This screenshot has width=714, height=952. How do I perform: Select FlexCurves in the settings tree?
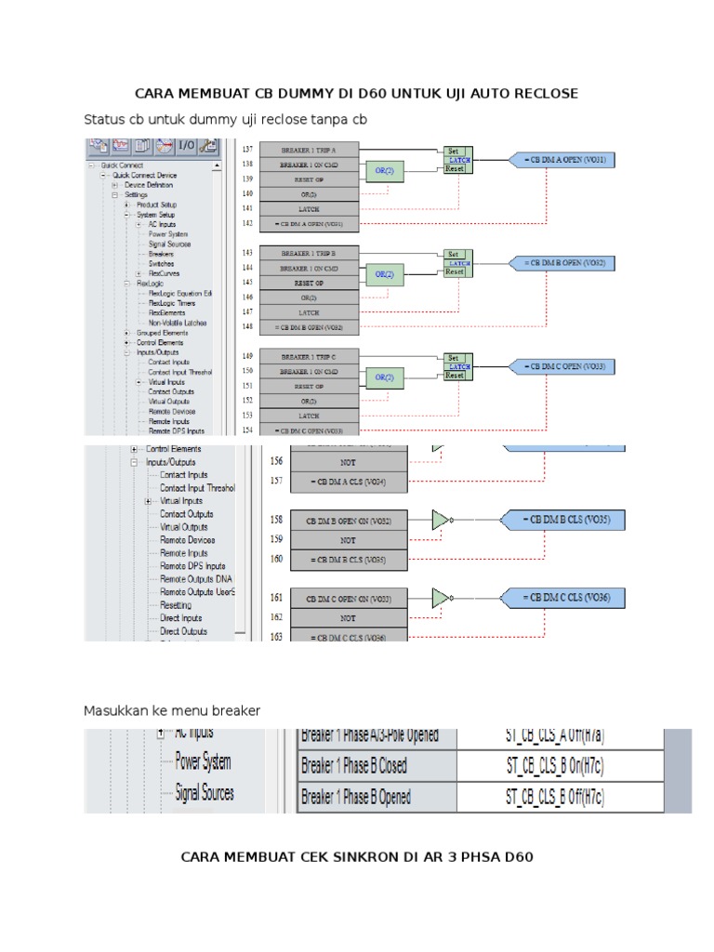point(164,273)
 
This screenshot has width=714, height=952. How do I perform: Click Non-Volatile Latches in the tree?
point(178,323)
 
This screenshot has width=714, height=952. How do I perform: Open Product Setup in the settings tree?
point(163,205)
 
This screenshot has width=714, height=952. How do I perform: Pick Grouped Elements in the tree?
point(162,333)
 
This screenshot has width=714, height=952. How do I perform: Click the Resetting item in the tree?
point(176,605)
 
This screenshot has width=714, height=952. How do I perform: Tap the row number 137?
point(246,150)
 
